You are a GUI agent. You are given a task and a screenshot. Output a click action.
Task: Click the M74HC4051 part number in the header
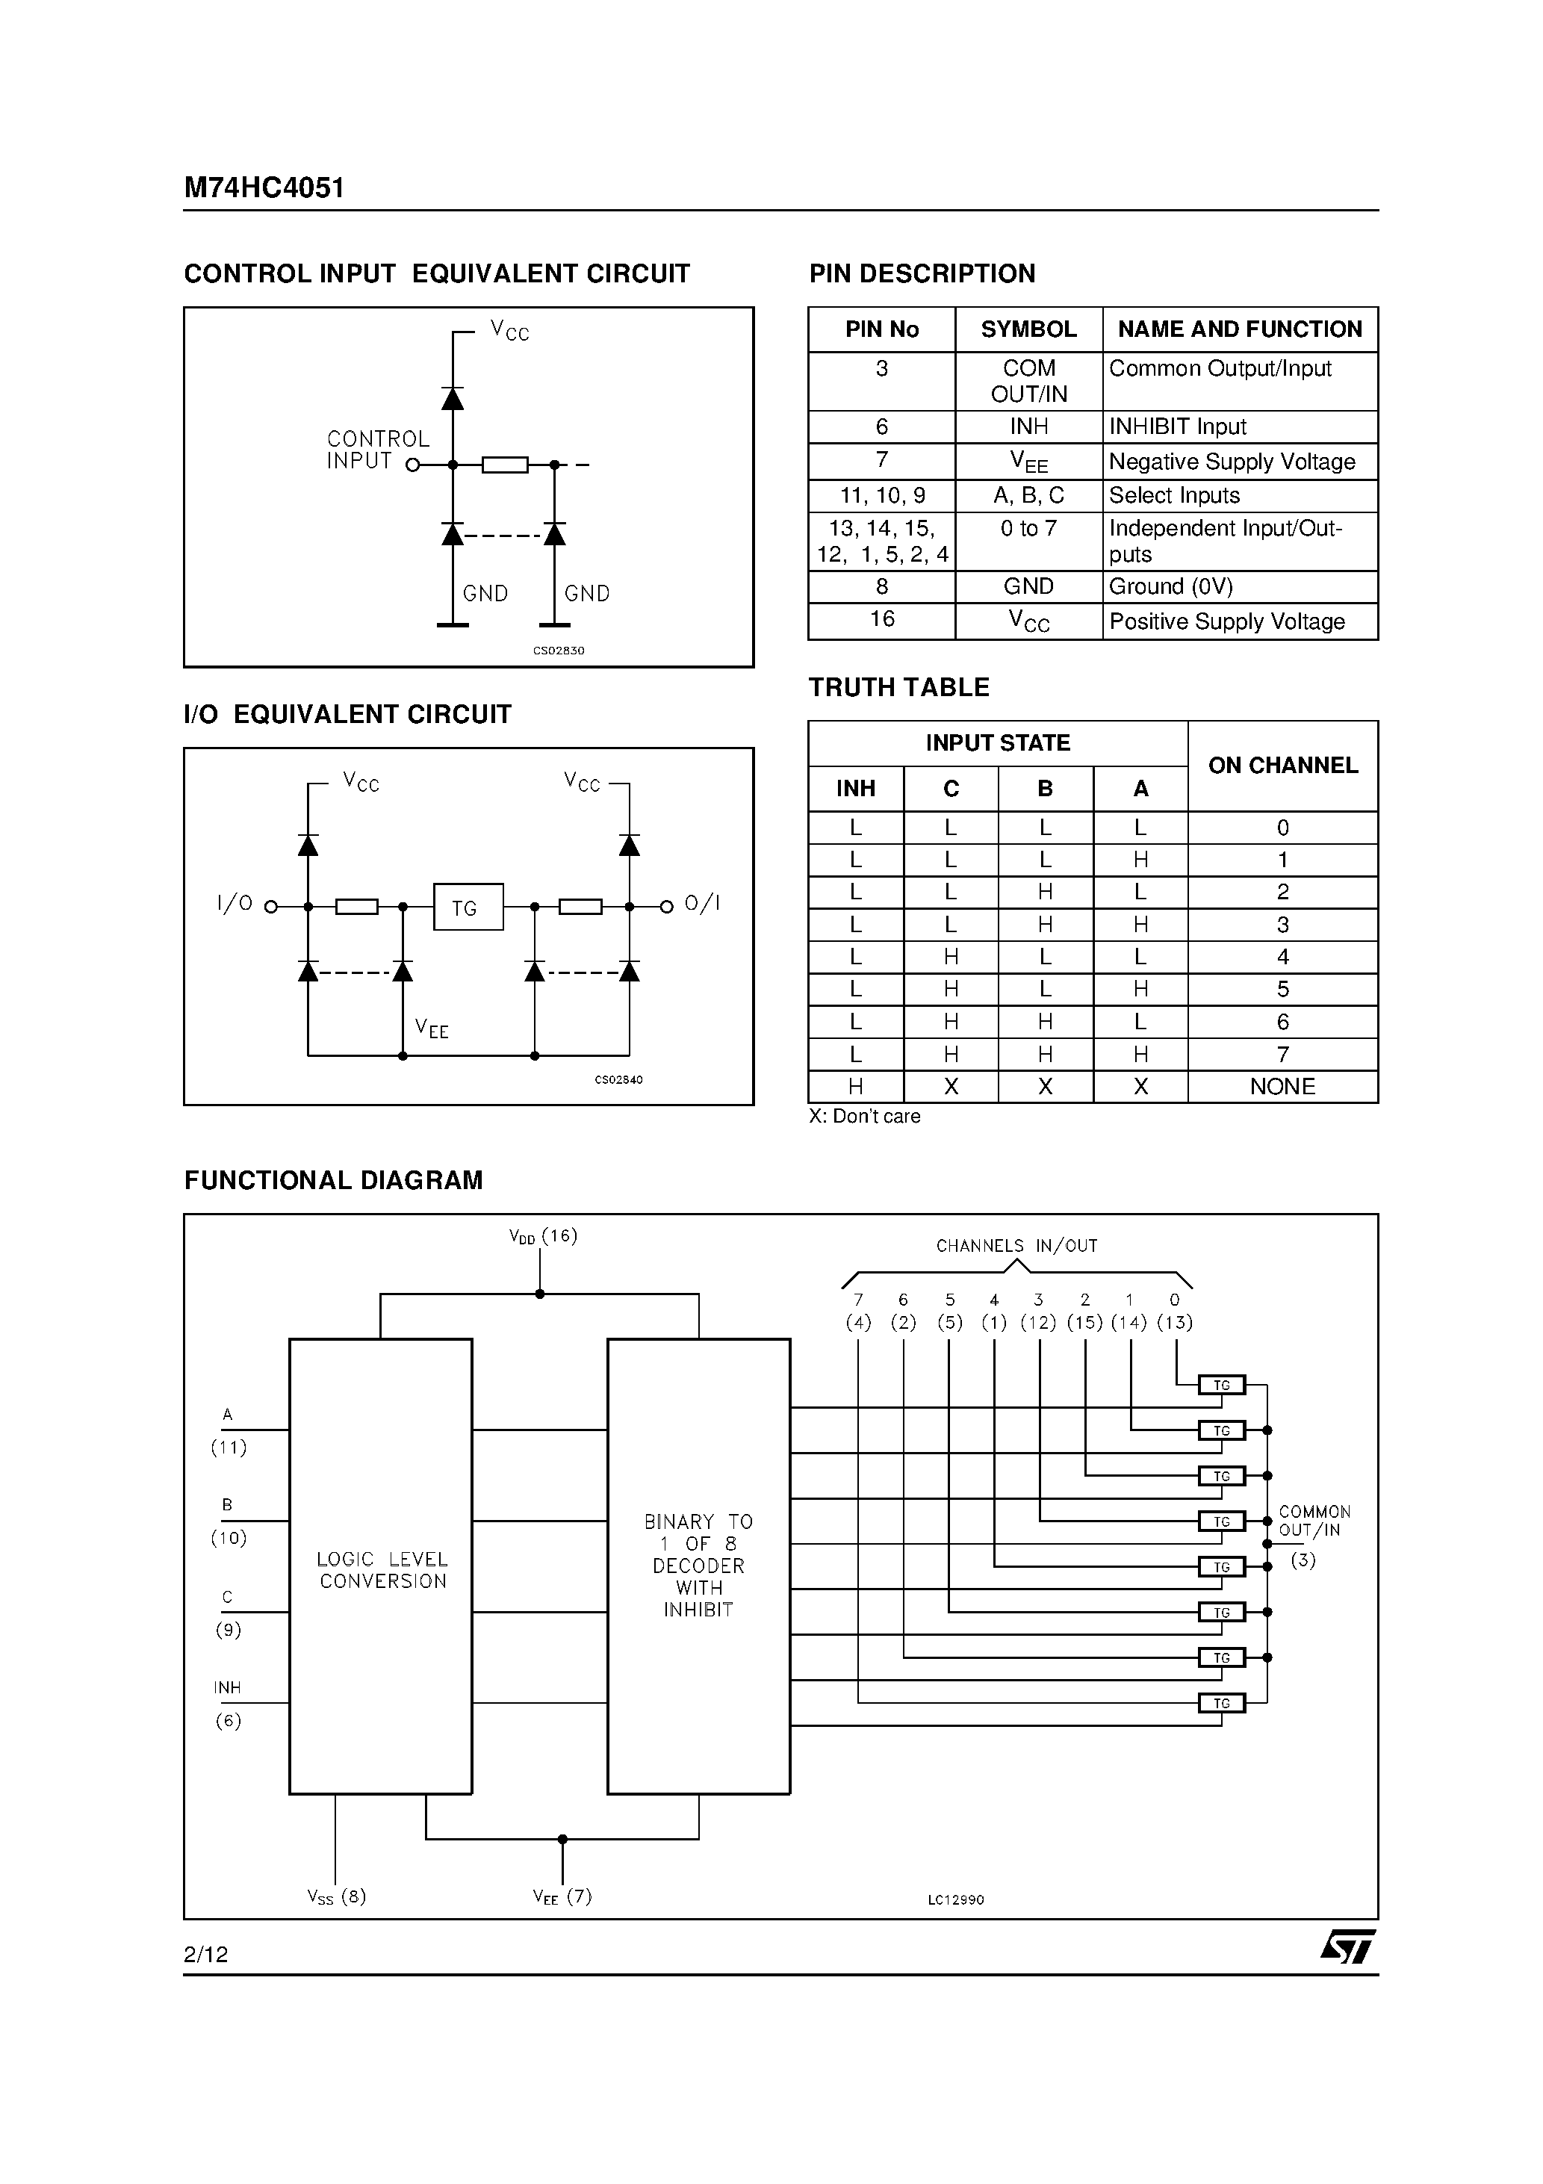[264, 187]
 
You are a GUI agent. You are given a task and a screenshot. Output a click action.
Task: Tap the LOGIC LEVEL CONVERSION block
[382, 1569]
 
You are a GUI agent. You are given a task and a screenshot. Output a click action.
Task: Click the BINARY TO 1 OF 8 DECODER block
[698, 1565]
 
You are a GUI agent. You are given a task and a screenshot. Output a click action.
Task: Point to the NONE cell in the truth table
[1282, 1086]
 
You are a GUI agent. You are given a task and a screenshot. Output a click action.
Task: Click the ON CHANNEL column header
[1282, 766]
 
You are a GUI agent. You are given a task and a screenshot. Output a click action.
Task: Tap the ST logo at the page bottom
[1347, 1946]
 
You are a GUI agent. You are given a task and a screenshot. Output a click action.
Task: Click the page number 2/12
[206, 1954]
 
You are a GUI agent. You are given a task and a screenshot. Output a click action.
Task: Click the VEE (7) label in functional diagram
[562, 1896]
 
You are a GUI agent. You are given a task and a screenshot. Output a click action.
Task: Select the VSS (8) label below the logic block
[336, 1896]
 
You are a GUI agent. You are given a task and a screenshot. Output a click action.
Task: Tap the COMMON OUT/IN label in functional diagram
[1313, 1521]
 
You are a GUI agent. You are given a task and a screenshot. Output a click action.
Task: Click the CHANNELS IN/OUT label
[1016, 1246]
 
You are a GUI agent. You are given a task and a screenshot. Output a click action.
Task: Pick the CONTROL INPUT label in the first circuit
[378, 450]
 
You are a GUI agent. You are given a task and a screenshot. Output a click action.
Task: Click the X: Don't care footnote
[864, 1116]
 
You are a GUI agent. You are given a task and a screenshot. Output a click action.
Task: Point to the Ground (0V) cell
[1170, 587]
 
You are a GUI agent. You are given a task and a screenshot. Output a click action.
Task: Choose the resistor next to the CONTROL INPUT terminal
[504, 465]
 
